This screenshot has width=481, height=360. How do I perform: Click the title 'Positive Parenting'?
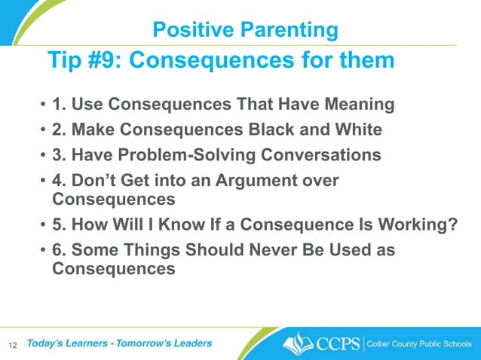(244, 29)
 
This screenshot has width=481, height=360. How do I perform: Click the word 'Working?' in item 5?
(424, 225)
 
